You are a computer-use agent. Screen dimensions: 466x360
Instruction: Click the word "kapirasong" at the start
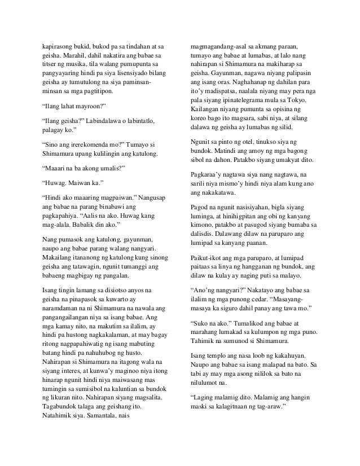click(x=60, y=45)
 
